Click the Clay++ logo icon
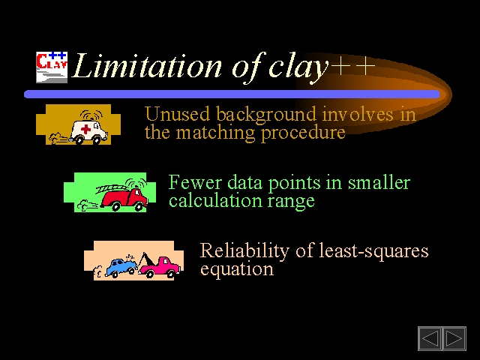pyautogui.click(x=52, y=67)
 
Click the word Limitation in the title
pyautogui.click(x=147, y=66)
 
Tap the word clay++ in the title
pyautogui.click(x=322, y=67)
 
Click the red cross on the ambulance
pyautogui.click(x=85, y=129)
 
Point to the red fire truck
pyautogui.click(x=124, y=199)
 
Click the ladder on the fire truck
pyautogui.click(x=110, y=188)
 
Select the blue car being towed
pyautogui.click(x=120, y=267)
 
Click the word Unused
pyautogui.click(x=178, y=114)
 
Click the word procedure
pyautogui.click(x=303, y=133)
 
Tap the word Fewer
pyautogui.click(x=195, y=182)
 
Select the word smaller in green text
pyautogui.click(x=379, y=182)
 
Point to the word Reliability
pyautogui.click(x=244, y=251)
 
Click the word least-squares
pyautogui.click(x=373, y=251)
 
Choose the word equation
pyautogui.click(x=237, y=269)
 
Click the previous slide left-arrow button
pyautogui.click(x=430, y=338)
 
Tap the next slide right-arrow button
pyautogui.click(x=454, y=338)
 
